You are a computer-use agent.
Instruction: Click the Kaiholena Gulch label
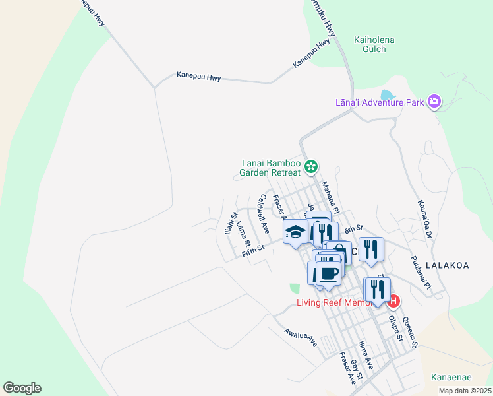(x=374, y=45)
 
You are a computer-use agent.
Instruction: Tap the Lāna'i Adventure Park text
(x=379, y=102)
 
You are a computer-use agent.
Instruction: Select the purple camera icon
(x=434, y=101)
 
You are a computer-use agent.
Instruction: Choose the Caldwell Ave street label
(x=264, y=214)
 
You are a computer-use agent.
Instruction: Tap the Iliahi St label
(x=230, y=223)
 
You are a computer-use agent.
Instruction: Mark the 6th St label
(x=353, y=228)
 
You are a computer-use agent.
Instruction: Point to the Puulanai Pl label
(x=420, y=273)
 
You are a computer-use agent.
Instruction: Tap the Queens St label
(x=410, y=332)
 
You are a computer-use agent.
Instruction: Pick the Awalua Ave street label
(x=301, y=338)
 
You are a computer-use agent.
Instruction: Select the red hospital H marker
(x=393, y=301)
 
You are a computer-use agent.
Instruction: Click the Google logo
(x=22, y=388)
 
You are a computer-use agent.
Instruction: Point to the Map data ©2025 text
(x=464, y=391)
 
